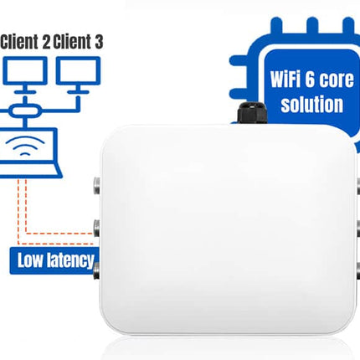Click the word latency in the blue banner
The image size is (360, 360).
(x=71, y=260)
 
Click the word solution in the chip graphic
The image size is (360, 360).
(x=311, y=105)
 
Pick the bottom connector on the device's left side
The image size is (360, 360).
(x=95, y=270)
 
